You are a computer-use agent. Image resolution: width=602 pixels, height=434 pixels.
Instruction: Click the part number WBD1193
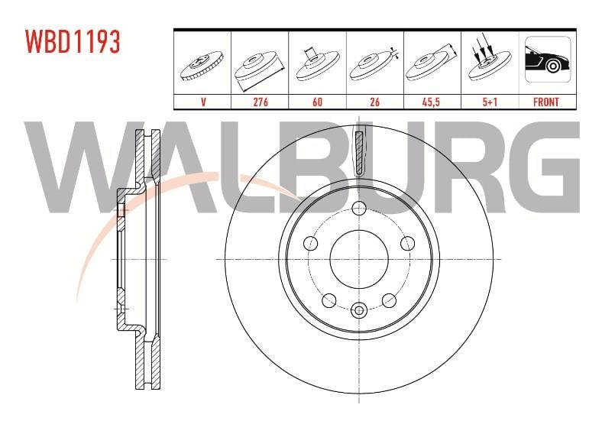(73, 41)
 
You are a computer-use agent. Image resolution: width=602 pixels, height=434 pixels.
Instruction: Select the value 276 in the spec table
(261, 102)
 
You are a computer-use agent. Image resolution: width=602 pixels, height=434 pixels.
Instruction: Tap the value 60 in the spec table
(318, 102)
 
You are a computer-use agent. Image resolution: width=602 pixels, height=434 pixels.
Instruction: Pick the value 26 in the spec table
(374, 102)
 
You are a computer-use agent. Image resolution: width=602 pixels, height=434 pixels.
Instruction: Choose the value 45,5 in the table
(431, 102)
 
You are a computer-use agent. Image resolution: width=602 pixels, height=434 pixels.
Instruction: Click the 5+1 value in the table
(490, 102)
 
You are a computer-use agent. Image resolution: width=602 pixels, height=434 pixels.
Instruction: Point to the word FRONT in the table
(546, 102)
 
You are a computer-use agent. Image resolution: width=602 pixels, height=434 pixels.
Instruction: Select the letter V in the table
(203, 102)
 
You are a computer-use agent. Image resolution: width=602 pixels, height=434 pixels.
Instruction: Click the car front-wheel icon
(548, 59)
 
